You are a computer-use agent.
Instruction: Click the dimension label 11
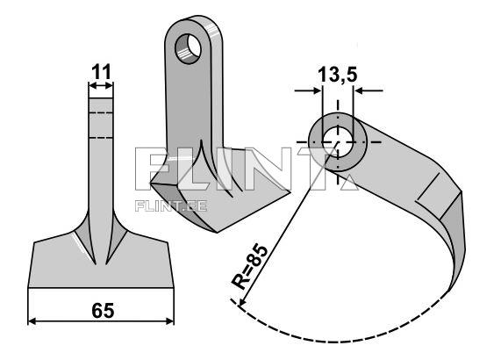101,72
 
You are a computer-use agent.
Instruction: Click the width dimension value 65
103,311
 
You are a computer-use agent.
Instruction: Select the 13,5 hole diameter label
338,76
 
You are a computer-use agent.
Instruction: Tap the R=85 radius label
249,267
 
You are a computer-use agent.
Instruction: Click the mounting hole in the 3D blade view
188,49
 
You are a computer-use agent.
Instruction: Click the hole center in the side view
338,142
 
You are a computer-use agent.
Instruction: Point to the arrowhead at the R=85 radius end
241,302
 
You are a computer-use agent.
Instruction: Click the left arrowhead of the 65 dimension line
32,321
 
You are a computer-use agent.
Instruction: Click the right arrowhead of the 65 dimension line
170,321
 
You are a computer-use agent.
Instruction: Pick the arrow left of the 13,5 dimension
308,90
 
